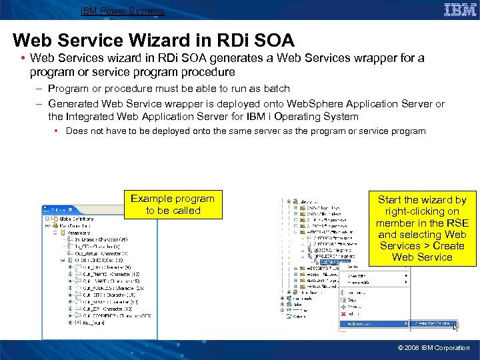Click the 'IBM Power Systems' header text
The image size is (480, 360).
pyautogui.click(x=122, y=11)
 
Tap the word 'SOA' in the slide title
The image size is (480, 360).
pyautogui.click(x=271, y=41)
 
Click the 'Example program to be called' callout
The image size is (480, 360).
pyautogui.click(x=173, y=205)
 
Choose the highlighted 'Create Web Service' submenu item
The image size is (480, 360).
pyautogui.click(x=434, y=323)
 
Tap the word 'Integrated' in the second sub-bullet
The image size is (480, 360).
pyautogui.click(x=92, y=117)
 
